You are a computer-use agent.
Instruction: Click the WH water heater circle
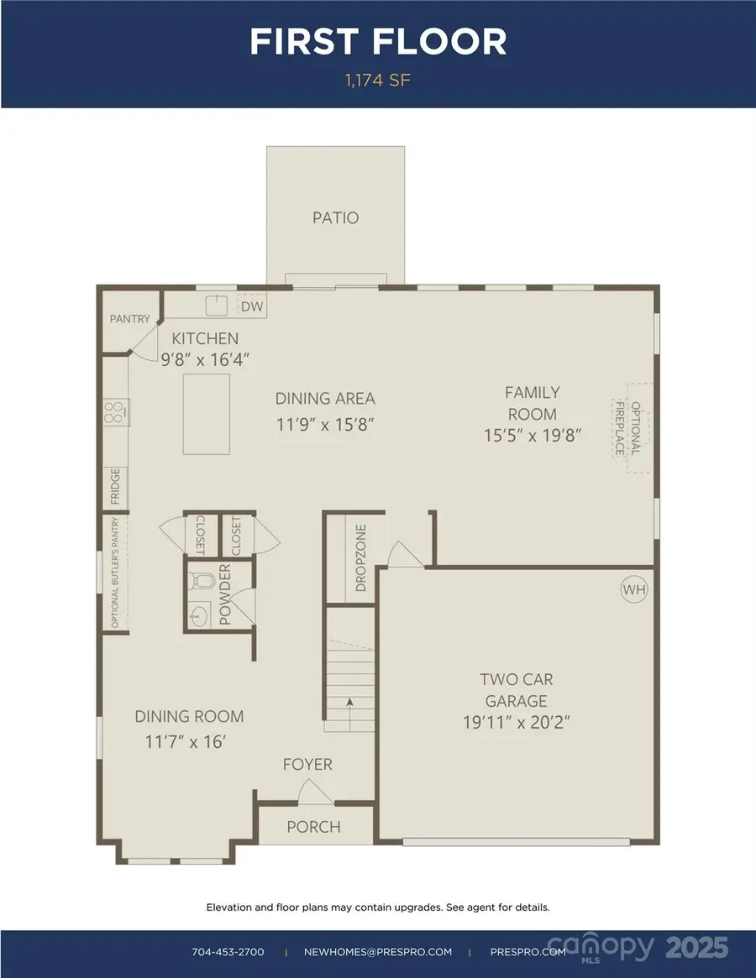pos(634,589)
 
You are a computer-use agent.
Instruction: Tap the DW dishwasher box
pos(252,306)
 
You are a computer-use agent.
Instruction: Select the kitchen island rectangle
pos(207,414)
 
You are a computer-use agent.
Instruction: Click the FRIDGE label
pos(115,488)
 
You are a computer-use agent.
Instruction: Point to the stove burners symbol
pos(114,411)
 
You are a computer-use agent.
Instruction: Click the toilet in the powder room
pos(199,579)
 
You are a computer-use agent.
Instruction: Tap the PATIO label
pos(335,218)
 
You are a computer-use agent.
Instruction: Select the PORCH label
pos(314,827)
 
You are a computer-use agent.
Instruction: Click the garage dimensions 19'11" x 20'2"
pos(517,722)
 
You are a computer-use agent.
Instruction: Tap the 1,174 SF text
pos(377,81)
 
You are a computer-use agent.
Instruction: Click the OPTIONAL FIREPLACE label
pos(628,428)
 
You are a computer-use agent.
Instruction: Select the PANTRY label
pos(130,319)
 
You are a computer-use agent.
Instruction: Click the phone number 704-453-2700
pos(228,952)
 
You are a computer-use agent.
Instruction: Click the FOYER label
pos(307,765)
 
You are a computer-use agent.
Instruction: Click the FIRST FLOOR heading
pos(378,42)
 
